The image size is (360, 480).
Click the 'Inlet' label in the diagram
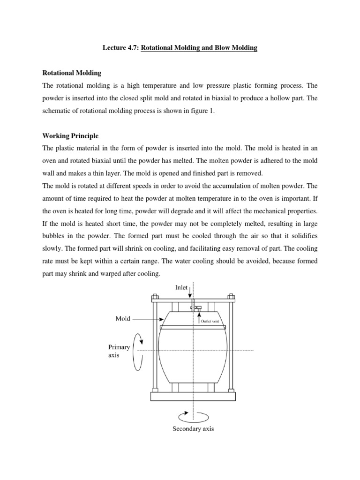point(181,288)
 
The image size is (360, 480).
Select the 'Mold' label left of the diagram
point(123,318)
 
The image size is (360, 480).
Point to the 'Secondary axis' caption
point(193,429)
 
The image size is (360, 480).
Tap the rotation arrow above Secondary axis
point(193,415)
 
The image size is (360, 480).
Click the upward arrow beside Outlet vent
point(203,315)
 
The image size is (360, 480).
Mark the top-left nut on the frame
point(155,297)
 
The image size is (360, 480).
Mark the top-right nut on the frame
point(231,297)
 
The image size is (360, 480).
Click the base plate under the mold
point(193,396)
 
